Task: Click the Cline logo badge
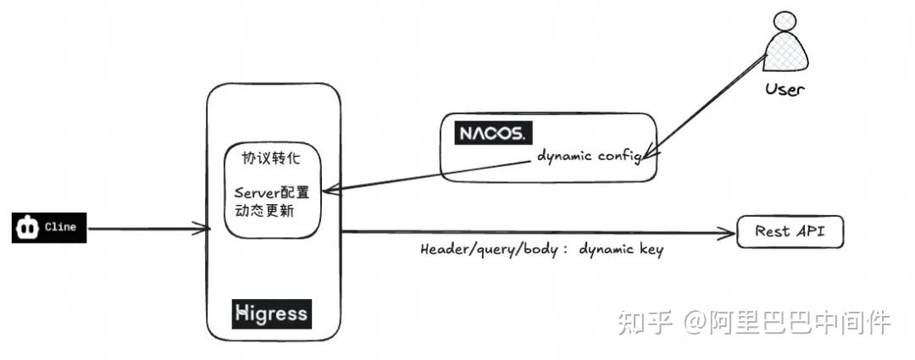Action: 49,229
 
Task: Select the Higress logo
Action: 272,313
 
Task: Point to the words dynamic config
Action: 588,157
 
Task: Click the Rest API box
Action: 790,232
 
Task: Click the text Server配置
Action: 272,193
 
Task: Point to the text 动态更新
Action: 263,211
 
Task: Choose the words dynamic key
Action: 621,251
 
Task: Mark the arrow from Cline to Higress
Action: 148,228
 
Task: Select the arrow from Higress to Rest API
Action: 534,231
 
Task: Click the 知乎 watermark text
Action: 646,323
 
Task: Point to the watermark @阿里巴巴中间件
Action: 788,323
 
